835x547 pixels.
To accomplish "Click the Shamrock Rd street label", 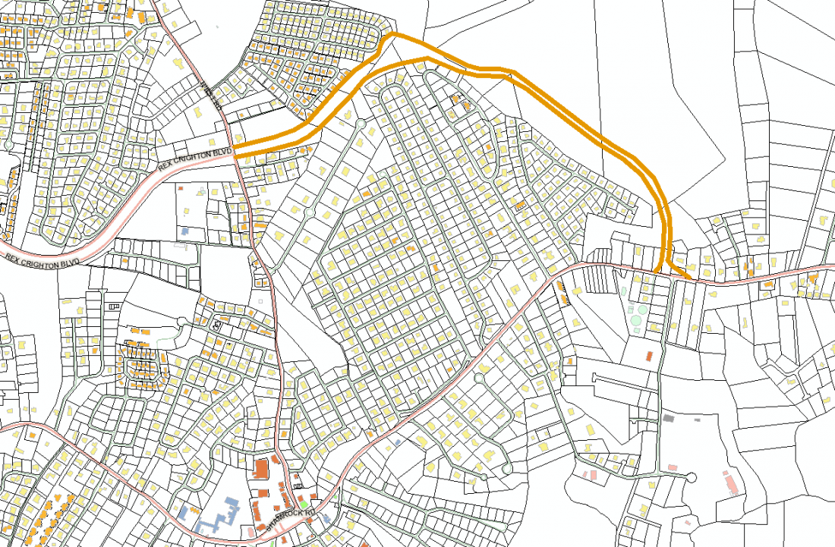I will pos(282,518).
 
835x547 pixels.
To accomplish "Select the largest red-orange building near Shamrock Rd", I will pos(260,467).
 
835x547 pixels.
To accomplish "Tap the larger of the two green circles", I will pos(635,321).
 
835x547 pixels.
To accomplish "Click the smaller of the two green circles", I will pos(643,309).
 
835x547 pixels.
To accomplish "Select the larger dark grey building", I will pos(669,417).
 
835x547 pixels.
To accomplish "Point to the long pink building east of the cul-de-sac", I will pos(730,483).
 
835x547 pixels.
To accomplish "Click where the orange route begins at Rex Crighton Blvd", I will pos(236,150).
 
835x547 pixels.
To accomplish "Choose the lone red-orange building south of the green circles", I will pos(650,355).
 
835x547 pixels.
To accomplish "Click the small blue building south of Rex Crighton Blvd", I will pos(184,229).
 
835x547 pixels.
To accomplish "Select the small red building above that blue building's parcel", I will pos(181,187).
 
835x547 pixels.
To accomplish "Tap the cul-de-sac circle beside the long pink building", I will pos(691,476).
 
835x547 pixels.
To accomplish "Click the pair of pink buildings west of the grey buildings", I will pos(593,475).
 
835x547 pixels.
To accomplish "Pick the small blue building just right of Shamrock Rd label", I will pos(326,518).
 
